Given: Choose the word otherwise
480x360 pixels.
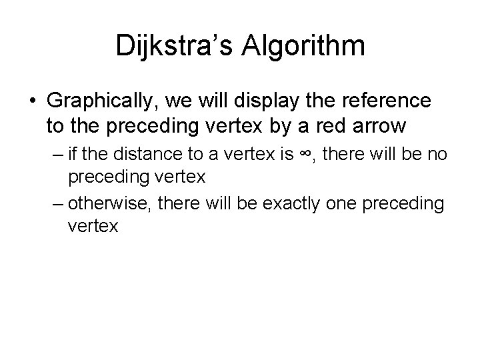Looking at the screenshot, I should coord(108,203).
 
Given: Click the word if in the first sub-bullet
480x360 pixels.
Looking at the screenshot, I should coord(72,156).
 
